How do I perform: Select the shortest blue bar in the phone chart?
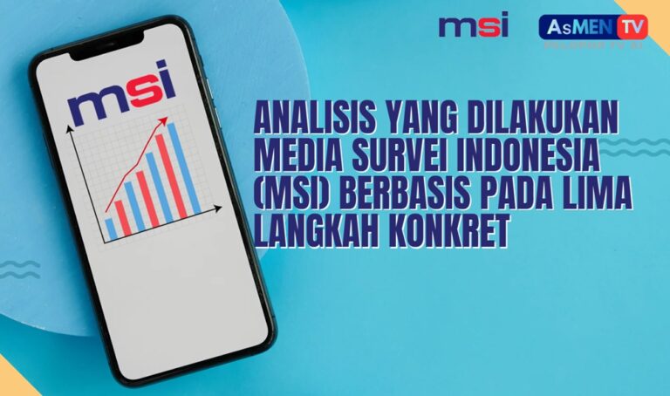110,228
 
